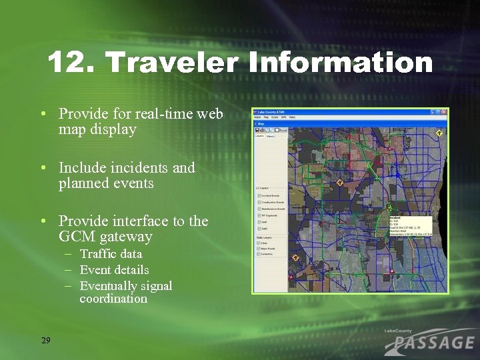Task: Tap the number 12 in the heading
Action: [68, 63]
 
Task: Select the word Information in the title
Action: [340, 63]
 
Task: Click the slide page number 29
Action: [45, 341]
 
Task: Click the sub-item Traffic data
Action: [111, 254]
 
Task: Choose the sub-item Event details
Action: [114, 270]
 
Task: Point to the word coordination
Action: [113, 299]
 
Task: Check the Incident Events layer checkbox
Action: [259, 195]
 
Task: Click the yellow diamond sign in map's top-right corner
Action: [439, 133]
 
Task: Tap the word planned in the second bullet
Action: [83, 183]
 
